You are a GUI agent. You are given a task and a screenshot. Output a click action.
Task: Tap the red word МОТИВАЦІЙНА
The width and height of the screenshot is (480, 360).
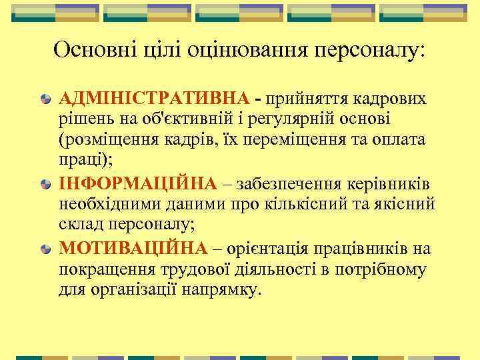133,249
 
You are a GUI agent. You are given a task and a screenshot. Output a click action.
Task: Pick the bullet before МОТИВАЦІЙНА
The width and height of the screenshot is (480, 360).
45,249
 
